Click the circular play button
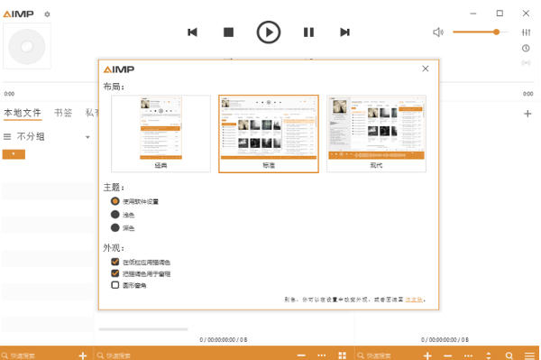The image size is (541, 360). pyautogui.click(x=269, y=32)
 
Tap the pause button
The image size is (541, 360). pyautogui.click(x=308, y=32)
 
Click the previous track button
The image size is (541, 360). pyautogui.click(x=192, y=32)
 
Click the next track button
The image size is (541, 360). pyautogui.click(x=344, y=32)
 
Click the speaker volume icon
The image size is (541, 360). pyautogui.click(x=438, y=32)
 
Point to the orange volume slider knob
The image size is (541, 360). pyautogui.click(x=496, y=32)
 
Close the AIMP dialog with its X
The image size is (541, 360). pyautogui.click(x=426, y=69)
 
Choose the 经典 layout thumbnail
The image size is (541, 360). pyautogui.click(x=160, y=134)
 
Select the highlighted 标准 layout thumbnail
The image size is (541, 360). pyautogui.click(x=268, y=134)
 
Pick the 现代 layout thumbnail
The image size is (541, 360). pyautogui.click(x=376, y=134)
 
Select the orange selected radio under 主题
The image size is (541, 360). pyautogui.click(x=115, y=201)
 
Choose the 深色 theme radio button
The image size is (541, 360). pyautogui.click(x=115, y=228)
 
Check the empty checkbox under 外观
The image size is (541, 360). pyautogui.click(x=115, y=284)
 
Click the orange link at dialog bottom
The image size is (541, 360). pyautogui.click(x=413, y=299)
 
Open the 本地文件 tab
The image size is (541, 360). pyautogui.click(x=23, y=113)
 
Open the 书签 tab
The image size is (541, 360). pyautogui.click(x=63, y=113)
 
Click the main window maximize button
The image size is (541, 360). pyautogui.click(x=500, y=14)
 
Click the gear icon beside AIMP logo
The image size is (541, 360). pyautogui.click(x=48, y=14)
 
